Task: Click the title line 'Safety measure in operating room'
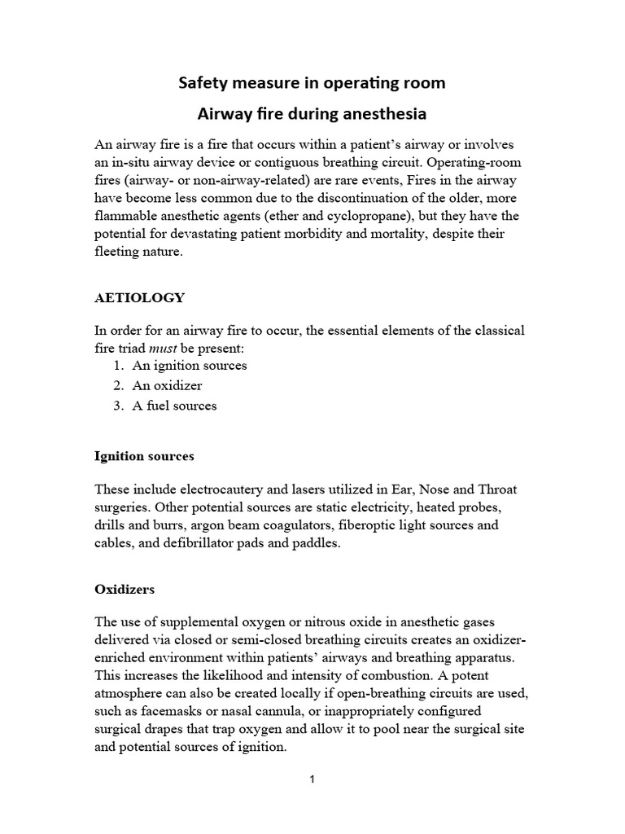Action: [x=312, y=83]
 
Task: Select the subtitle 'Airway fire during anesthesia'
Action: [x=312, y=113]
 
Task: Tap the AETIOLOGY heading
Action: [x=140, y=298]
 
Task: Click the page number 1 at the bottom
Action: [x=312, y=779]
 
